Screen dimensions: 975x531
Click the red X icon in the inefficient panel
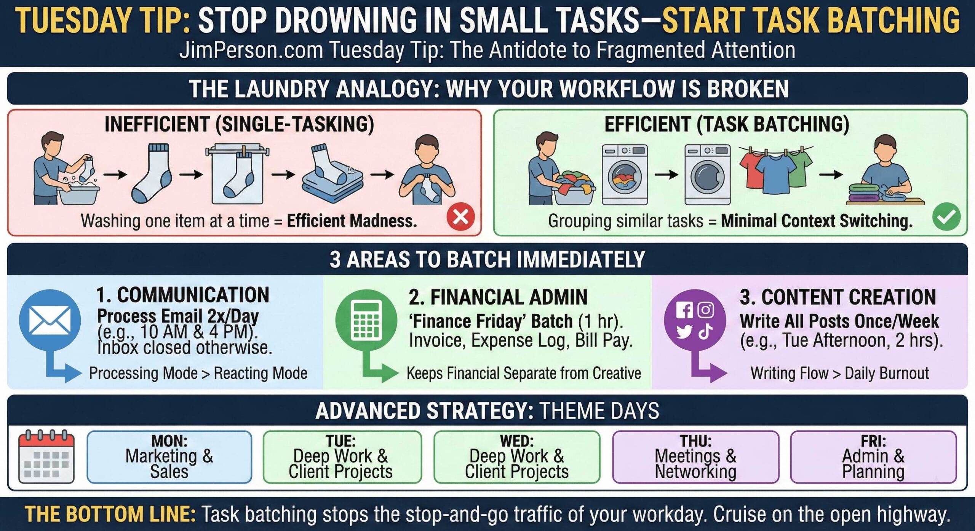click(x=460, y=217)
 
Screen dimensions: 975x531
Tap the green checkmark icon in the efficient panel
click(x=946, y=217)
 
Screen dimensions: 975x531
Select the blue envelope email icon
click(x=50, y=320)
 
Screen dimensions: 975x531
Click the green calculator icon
click(x=366, y=320)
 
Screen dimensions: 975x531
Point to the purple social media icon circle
click(x=695, y=320)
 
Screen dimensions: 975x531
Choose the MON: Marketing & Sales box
click(x=169, y=457)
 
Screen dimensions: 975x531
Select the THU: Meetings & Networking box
click(x=695, y=457)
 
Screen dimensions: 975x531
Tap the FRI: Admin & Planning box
click(x=873, y=457)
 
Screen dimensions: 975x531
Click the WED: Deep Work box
click(x=517, y=457)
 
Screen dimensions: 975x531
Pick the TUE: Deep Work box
click(x=342, y=457)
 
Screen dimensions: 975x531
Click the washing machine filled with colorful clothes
click(x=625, y=175)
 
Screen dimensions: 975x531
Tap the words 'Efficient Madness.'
click(x=352, y=221)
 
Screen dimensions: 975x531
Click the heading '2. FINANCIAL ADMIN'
click(x=498, y=297)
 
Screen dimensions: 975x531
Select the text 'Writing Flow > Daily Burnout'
click(x=839, y=373)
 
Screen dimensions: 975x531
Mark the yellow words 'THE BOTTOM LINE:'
click(x=110, y=514)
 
